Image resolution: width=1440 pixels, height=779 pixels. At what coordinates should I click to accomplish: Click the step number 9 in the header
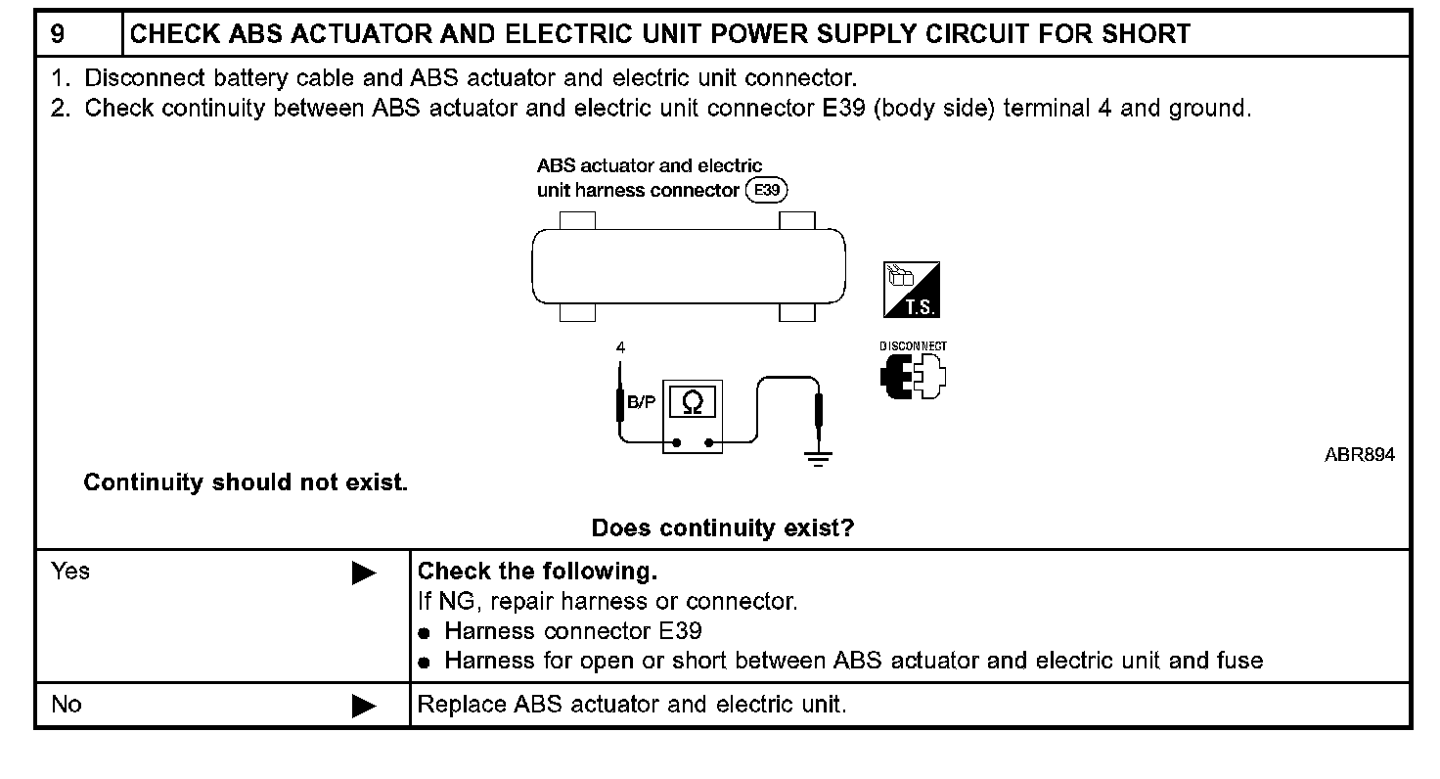click(x=59, y=35)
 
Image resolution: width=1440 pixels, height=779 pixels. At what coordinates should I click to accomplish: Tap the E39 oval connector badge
click(x=766, y=190)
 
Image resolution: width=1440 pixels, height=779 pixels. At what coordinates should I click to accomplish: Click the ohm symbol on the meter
click(x=693, y=402)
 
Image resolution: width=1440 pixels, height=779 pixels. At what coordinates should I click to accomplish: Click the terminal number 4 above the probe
click(x=620, y=347)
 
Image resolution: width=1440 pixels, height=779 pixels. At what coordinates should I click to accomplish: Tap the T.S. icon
click(x=911, y=290)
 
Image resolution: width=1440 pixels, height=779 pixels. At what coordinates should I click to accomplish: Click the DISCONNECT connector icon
click(x=913, y=376)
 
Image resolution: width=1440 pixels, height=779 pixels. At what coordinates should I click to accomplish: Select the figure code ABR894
click(x=1360, y=455)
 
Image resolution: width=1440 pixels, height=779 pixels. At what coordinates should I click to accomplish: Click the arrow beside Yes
click(x=364, y=573)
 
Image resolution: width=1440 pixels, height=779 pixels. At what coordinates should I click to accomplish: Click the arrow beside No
click(x=364, y=706)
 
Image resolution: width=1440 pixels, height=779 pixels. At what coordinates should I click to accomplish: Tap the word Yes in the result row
click(x=70, y=572)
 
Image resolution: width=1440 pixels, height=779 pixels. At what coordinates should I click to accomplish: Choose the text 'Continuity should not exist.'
click(x=246, y=482)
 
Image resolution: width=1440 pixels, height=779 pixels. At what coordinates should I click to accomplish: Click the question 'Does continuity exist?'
click(x=722, y=529)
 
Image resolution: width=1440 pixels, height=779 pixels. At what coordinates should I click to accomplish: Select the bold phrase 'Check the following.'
click(x=537, y=572)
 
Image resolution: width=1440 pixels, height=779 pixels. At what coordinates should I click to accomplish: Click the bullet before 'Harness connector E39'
click(x=425, y=633)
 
